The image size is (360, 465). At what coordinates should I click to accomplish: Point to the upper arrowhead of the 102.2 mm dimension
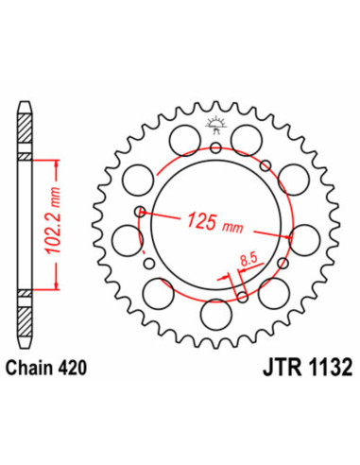point(59,164)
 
